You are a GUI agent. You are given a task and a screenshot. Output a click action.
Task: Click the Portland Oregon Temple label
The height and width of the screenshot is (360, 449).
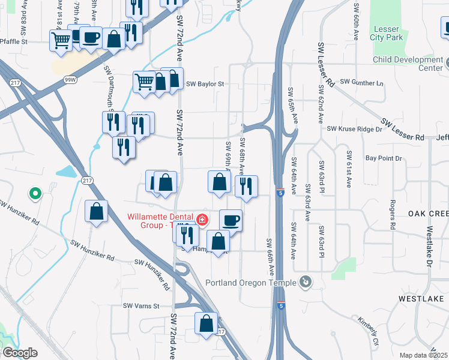(x=251, y=283)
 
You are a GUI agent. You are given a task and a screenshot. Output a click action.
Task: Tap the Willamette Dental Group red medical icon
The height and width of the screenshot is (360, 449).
(x=203, y=220)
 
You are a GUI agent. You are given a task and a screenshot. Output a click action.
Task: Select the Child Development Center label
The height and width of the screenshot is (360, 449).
(x=408, y=64)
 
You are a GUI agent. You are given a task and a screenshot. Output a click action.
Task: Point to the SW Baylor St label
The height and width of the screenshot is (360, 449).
(x=205, y=85)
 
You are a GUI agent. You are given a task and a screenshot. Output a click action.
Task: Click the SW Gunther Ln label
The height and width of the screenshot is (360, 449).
(x=361, y=82)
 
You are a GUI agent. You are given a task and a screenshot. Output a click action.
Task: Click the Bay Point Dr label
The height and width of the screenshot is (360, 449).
(x=383, y=158)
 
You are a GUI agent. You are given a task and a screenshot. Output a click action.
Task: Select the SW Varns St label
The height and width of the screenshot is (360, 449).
(x=140, y=306)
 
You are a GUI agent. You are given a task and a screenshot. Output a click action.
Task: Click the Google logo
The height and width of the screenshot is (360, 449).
(x=20, y=353)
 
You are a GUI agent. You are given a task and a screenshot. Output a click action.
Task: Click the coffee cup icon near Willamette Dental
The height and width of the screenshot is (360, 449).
(x=231, y=220)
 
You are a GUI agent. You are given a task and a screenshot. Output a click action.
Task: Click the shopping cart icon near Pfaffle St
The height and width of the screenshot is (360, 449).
(x=61, y=40)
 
